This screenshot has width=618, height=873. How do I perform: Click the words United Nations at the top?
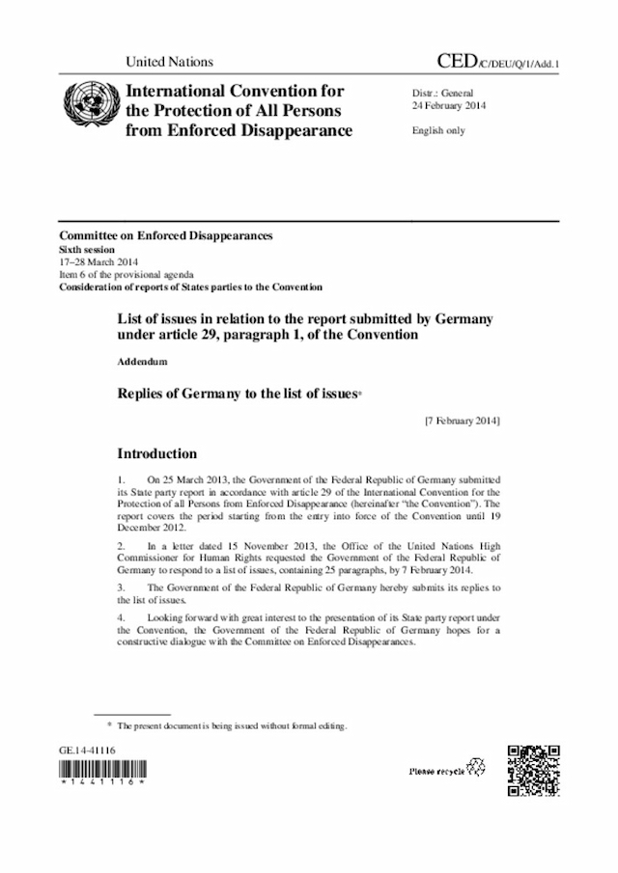[x=170, y=62]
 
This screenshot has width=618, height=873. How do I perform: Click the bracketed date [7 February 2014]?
[x=462, y=422]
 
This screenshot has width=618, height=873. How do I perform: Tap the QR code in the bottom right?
[x=533, y=770]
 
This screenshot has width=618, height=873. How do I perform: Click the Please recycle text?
[x=437, y=771]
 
